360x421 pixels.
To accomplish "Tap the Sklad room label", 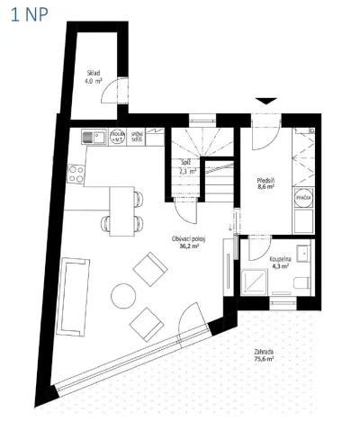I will point(93,71).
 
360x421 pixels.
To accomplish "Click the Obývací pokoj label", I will point(189,238).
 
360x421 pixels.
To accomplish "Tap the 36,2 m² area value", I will point(189,246).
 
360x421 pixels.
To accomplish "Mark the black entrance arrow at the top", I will point(265,101).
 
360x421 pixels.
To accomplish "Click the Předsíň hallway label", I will point(265,181).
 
